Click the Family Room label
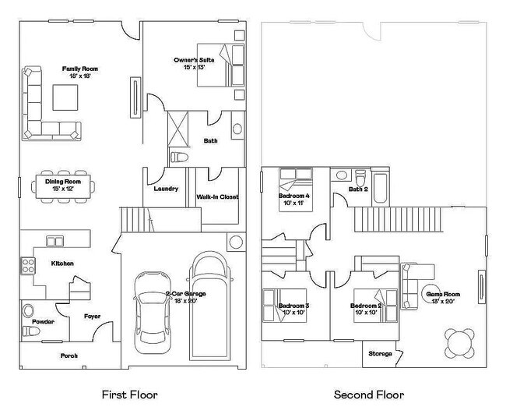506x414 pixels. coord(78,69)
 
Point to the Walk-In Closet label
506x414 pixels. coord(217,197)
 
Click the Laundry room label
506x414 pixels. coord(167,189)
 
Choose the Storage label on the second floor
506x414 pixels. coord(380,354)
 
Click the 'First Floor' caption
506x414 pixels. coord(131,395)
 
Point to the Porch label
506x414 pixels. coord(69,356)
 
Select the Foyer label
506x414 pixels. coord(93,316)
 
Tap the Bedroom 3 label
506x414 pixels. coord(294,306)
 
